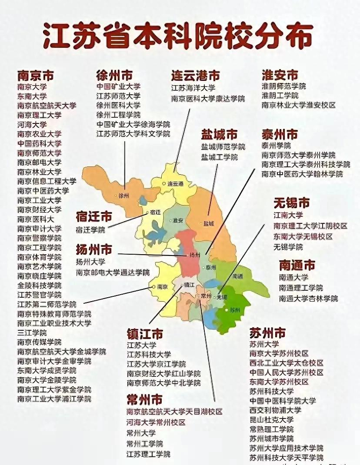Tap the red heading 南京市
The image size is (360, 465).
coord(36,76)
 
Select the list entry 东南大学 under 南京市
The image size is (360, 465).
coord(32,96)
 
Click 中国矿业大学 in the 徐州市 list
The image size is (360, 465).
coord(118,86)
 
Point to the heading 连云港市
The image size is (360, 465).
coord(195,76)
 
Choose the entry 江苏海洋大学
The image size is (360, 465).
coord(193,88)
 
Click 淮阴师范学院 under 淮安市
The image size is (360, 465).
coord(283,86)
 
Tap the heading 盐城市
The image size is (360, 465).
coord(219,134)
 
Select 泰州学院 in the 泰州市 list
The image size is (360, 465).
coord(276,146)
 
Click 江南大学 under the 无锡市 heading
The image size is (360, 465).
coord(288,215)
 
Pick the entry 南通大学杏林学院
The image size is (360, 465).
coord(308,299)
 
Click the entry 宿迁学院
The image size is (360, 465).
coord(90,229)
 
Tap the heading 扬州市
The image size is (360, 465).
coord(94,250)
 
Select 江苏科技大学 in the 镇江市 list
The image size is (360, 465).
coord(149,355)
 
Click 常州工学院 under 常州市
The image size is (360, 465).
coord(145,444)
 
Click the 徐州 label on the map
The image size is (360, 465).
coord(124,196)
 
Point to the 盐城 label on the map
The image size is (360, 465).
coord(209,224)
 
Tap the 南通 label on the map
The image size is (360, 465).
coord(238,276)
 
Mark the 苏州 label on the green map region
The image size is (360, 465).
coord(235,310)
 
